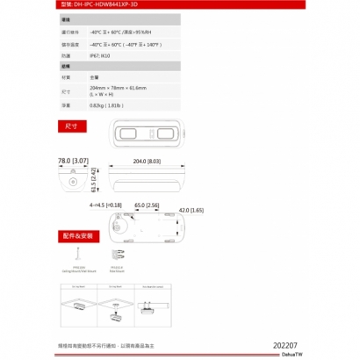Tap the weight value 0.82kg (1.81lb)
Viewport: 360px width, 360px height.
point(109,104)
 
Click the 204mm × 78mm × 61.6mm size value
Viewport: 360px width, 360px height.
point(118,88)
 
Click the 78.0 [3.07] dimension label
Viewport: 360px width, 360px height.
point(72,162)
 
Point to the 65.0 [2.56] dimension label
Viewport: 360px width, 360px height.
point(147,205)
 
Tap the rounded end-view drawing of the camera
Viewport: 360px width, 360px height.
point(71,180)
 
